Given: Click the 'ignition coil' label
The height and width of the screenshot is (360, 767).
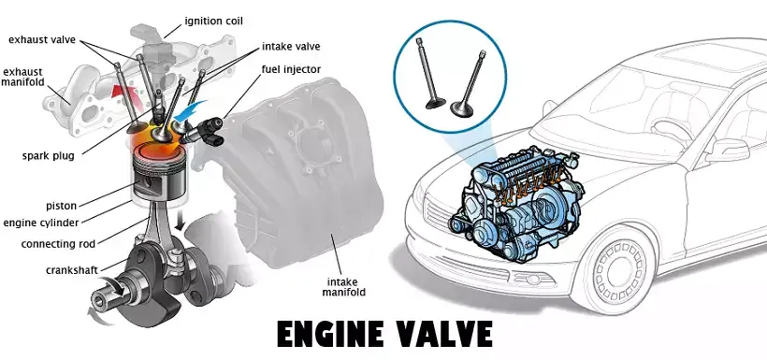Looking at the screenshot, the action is coord(213,22).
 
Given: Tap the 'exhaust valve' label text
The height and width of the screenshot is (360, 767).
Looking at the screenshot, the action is coord(42,39).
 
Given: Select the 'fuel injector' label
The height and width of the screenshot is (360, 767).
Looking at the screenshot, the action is coord(291,69).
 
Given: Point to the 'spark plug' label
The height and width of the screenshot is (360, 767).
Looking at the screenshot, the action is coord(49,156).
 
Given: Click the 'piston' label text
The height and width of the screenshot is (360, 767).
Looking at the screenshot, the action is coord(61,206).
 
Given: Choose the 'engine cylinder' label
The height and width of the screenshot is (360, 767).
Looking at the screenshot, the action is coord(41,223).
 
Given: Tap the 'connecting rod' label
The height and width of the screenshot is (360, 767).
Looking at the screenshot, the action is coord(58,244).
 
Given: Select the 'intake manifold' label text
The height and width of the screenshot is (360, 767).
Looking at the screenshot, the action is coord(347,288).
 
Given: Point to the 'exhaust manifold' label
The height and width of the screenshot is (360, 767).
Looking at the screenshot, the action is coord(22,78).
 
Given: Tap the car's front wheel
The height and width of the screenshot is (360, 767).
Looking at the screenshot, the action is coord(618,269).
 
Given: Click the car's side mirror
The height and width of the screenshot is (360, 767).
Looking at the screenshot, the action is coord(726,150).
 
